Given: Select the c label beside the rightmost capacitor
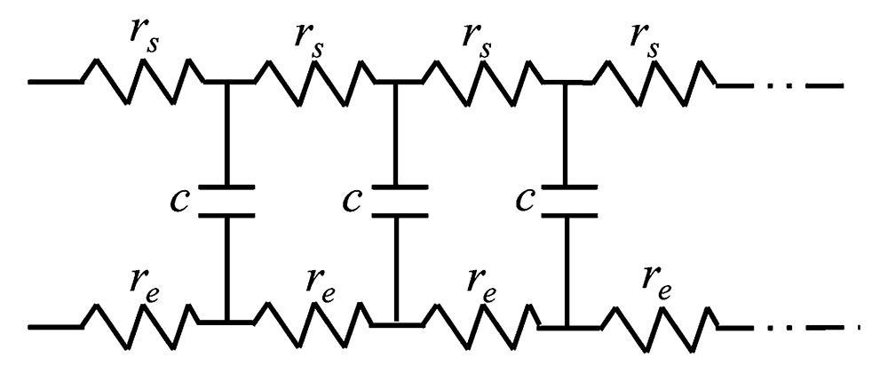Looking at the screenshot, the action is coord(526,201).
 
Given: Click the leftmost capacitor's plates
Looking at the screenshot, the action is coord(226,201).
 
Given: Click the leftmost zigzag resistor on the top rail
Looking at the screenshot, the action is coord(144,82).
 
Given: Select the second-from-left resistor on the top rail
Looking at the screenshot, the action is coord(313,83).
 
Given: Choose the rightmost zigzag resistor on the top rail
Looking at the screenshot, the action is coord(653,83).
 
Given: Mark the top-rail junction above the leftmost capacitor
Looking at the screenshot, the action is coord(226,82).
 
